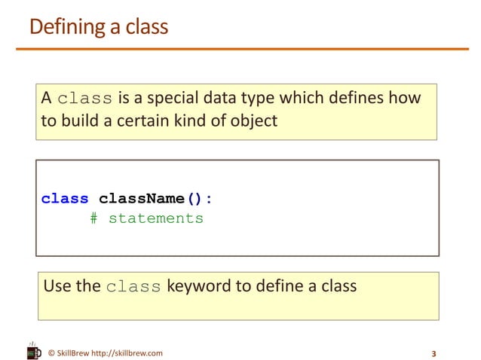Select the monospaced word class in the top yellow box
85,99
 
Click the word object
253,121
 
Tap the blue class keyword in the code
65,199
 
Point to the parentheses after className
194,199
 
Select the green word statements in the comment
156,218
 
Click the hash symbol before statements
93,218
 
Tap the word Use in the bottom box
57,286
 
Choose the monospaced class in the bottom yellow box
133,287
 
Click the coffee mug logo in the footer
33,350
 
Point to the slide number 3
434,353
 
